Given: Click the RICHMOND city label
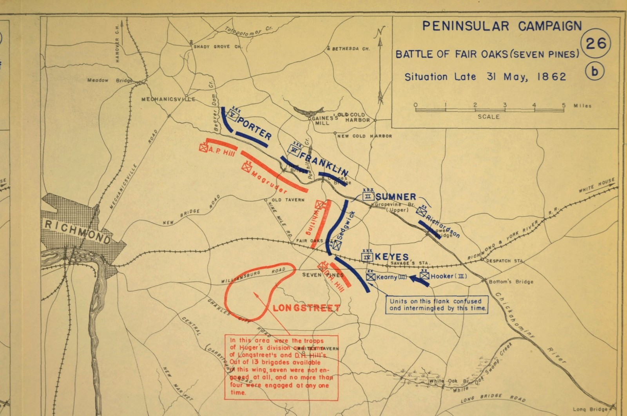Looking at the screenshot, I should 78,232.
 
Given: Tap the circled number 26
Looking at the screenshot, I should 596,43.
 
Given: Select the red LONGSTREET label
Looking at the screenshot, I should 306,308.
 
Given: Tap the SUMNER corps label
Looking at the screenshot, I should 396,197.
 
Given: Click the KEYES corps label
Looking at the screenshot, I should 392,257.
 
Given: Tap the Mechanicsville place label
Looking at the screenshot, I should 168,99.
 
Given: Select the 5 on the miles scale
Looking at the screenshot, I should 564,105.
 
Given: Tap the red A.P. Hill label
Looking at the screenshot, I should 222,152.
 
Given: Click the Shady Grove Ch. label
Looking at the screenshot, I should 218,47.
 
